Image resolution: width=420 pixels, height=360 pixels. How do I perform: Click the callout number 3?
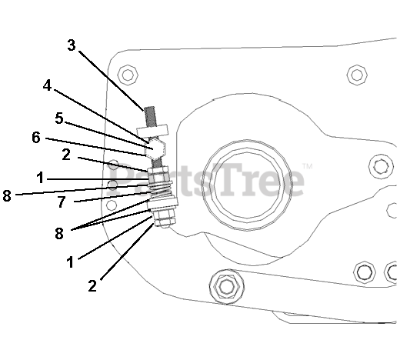[72, 45]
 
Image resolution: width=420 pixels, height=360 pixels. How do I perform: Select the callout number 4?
[47, 85]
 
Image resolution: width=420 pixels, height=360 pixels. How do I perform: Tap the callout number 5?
[59, 118]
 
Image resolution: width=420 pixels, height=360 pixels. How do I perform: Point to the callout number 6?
[36, 138]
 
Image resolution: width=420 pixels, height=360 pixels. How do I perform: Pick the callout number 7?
[62, 202]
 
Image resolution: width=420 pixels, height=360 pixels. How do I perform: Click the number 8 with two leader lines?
[59, 233]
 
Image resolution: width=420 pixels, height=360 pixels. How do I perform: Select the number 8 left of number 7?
[7, 195]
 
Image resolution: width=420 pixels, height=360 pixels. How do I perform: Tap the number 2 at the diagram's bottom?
[92, 286]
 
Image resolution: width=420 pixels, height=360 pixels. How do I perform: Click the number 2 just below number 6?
[66, 155]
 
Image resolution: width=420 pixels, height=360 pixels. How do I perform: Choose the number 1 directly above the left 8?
[40, 178]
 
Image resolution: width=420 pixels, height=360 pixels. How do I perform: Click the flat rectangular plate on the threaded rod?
[152, 131]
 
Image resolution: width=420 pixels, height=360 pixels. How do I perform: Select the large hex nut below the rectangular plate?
[155, 149]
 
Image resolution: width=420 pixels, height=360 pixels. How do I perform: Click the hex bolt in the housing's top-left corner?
[128, 75]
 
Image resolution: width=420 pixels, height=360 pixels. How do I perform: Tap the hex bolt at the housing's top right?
[357, 75]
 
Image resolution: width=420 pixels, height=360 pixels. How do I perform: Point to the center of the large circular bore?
[246, 185]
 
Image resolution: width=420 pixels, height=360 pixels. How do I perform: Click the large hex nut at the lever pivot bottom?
[227, 287]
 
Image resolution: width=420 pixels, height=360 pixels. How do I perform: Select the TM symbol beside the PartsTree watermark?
[308, 166]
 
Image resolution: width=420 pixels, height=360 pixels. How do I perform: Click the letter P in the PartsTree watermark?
[121, 179]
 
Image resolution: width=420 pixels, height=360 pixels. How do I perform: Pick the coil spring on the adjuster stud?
[160, 190]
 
